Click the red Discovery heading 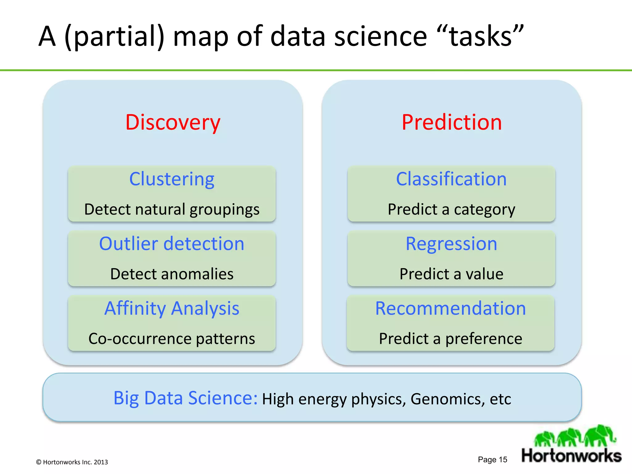coord(173,123)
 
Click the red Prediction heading coord(451,123)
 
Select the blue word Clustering coord(172,179)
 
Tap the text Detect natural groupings coord(172,210)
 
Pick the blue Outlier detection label coord(172,244)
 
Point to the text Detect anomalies coord(172,274)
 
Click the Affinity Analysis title coord(172,308)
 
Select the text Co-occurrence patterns coord(172,339)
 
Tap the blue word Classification coord(451,179)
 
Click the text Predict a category coord(451,210)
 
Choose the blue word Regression coord(451,244)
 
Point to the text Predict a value coord(451,274)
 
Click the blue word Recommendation coord(451,308)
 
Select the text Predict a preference coord(451,339)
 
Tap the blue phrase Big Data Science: coord(185,398)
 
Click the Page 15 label coord(492,459)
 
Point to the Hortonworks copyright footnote coord(72,462)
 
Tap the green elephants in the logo coord(575,436)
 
